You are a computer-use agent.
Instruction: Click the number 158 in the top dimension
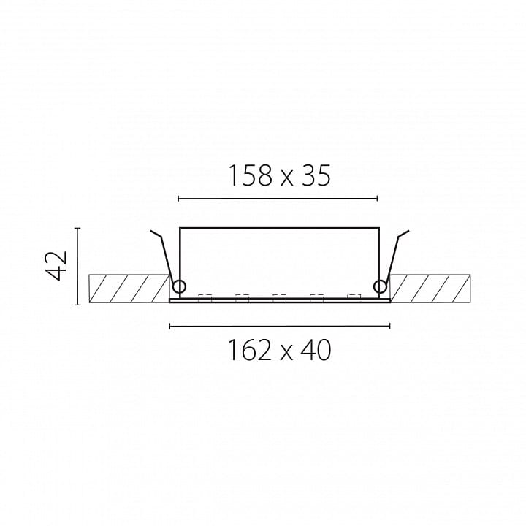pos(250,175)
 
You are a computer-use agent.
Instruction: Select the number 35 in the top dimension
pos(316,175)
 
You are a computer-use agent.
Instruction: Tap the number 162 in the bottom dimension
pos(250,350)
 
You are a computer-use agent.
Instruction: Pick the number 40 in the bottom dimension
pos(317,350)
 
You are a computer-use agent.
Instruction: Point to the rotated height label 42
pos(56,265)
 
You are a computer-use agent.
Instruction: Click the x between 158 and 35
pos(286,179)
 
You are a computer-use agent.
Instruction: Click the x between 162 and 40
pos(286,354)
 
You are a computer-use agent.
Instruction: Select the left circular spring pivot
pos(179,287)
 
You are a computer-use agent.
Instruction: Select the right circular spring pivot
pos(380,287)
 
